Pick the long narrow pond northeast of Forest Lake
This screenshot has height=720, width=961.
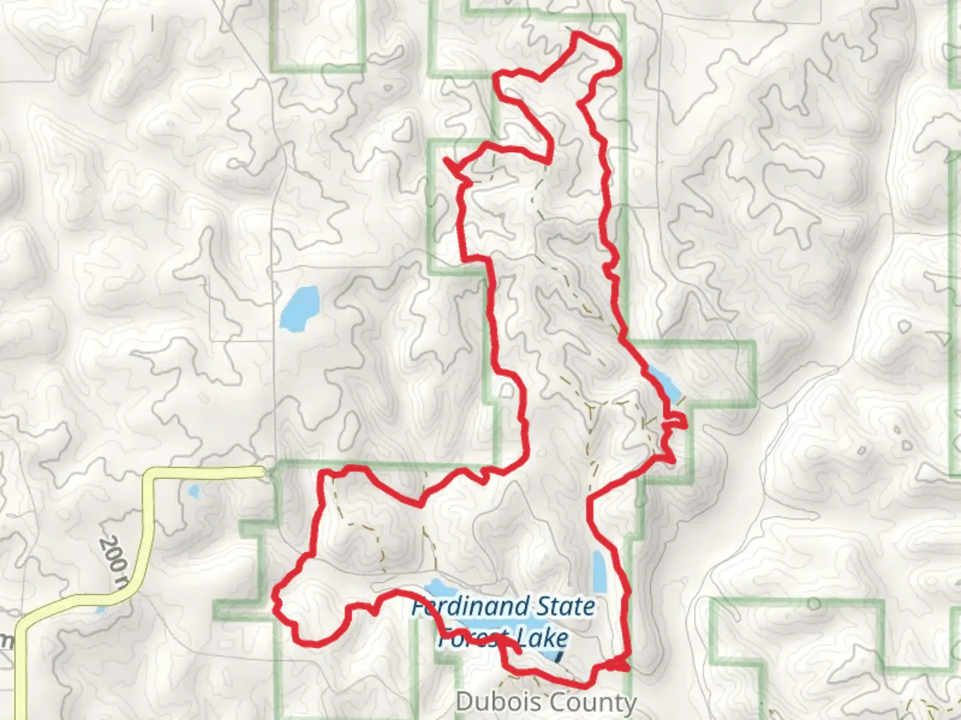coord(599,572)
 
